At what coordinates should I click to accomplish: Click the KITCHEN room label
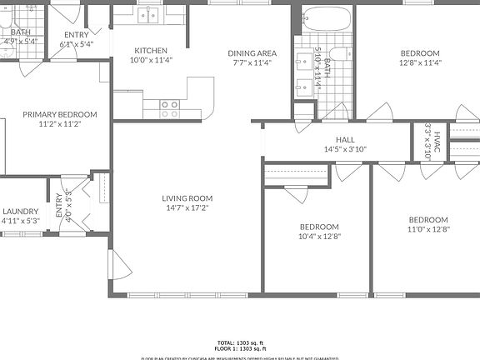(x=151, y=51)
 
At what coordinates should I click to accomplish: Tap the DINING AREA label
(x=252, y=53)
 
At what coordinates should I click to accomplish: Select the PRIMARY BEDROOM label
(x=60, y=115)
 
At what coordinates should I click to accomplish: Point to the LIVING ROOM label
(x=187, y=198)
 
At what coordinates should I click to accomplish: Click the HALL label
(x=345, y=140)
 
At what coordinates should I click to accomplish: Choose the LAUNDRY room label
(x=20, y=212)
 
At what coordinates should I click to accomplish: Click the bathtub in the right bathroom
(x=325, y=19)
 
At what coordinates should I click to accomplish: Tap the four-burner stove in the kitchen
(x=170, y=107)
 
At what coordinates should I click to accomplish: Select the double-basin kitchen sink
(x=150, y=14)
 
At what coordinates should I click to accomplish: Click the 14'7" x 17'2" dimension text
(x=187, y=208)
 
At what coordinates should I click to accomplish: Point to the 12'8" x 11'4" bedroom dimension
(x=419, y=62)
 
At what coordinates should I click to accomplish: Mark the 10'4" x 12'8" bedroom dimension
(x=319, y=236)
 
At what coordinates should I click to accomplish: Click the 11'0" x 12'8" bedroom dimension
(x=427, y=229)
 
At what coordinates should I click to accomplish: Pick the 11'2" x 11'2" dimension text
(x=60, y=124)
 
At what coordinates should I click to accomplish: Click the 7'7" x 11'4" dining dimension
(x=252, y=62)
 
